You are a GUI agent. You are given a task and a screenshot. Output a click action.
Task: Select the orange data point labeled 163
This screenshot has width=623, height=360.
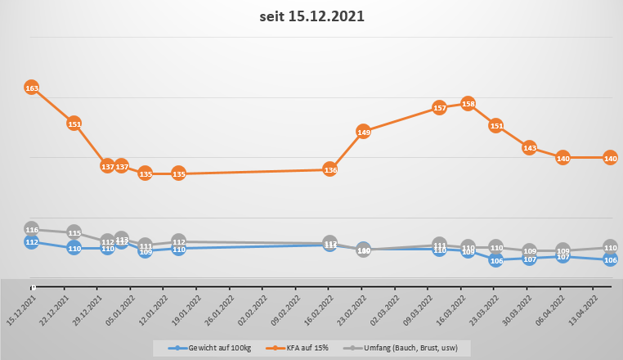[x=32, y=88]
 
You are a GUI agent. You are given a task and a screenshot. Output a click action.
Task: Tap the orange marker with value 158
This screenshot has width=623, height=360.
[x=468, y=104]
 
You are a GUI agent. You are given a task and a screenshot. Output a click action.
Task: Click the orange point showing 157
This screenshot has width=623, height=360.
[x=439, y=108]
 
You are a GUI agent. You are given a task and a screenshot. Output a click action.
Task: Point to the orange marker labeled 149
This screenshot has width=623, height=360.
[x=364, y=132]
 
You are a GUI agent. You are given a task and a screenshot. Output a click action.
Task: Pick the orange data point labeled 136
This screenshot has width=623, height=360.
[x=330, y=169]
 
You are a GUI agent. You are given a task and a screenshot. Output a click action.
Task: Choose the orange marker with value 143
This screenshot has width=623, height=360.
[x=529, y=148]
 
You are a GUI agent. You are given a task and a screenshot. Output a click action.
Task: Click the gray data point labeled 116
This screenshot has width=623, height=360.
[x=32, y=230]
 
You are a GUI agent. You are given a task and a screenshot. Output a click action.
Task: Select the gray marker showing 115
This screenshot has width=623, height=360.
[x=74, y=233]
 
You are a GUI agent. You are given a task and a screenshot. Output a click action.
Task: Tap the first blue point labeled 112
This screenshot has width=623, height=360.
[x=32, y=242]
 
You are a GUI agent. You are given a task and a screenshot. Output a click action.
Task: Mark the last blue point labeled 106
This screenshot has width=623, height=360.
[x=610, y=259]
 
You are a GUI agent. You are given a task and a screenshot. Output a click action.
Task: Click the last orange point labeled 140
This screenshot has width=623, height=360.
[x=610, y=158]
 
